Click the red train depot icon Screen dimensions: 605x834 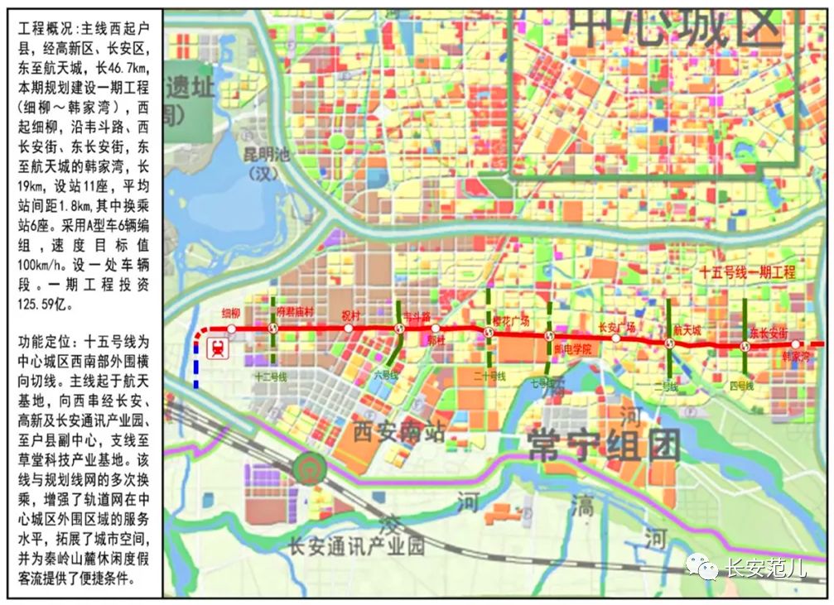tap(219, 348)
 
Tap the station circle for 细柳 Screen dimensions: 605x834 tap(231, 329)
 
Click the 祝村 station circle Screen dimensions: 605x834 tap(349, 329)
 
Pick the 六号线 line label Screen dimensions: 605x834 tap(386, 375)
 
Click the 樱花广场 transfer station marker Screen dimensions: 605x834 tap(488, 333)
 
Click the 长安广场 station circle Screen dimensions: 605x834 tap(616, 339)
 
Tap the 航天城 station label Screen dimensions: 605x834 tap(687, 329)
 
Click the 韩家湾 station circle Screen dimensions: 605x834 tap(796, 344)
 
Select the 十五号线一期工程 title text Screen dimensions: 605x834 tap(746, 271)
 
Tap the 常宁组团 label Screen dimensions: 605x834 tap(604, 446)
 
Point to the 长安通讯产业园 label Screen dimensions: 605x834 tap(355, 546)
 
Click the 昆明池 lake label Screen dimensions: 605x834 tap(263, 154)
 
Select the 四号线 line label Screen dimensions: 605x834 tap(741, 386)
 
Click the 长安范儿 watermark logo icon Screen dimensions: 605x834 tap(705, 567)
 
